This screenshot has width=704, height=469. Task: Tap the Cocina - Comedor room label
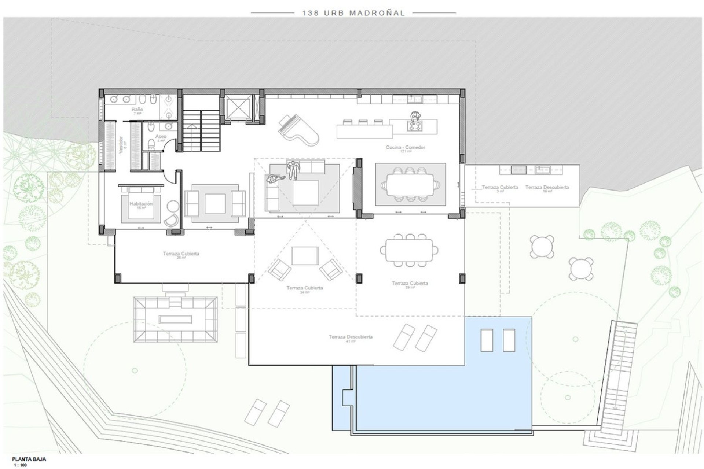pos(406,147)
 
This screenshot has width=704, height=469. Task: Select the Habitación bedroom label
pos(141,204)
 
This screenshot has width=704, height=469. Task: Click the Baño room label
pos(137,110)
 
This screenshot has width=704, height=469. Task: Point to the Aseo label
pos(161,136)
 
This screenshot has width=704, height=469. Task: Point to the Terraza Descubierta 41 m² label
pos(351,337)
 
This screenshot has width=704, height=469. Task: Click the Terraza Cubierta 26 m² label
pos(181,254)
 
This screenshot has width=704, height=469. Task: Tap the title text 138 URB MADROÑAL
pos(353,13)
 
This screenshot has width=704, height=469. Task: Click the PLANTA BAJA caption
pos(29,459)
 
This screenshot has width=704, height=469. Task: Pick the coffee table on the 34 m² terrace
pos(305,256)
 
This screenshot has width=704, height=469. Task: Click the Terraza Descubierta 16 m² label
pos(547,187)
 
